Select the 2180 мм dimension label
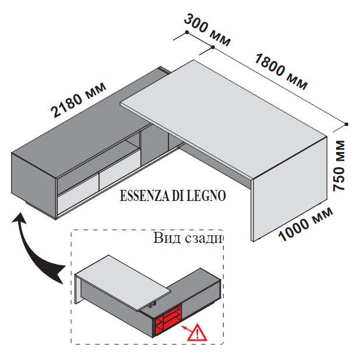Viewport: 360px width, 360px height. click(78, 100)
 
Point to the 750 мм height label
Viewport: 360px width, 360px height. click(340, 165)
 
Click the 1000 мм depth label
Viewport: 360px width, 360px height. click(306, 224)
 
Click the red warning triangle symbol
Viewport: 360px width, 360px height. click(197, 333)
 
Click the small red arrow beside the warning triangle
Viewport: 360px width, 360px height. click(186, 329)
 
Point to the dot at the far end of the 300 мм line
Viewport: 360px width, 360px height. click(187, 32)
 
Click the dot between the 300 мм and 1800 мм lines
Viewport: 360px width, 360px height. click(213, 47)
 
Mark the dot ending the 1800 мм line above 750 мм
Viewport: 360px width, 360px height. click(347, 124)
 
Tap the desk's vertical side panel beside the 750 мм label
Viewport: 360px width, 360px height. click(290, 188)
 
